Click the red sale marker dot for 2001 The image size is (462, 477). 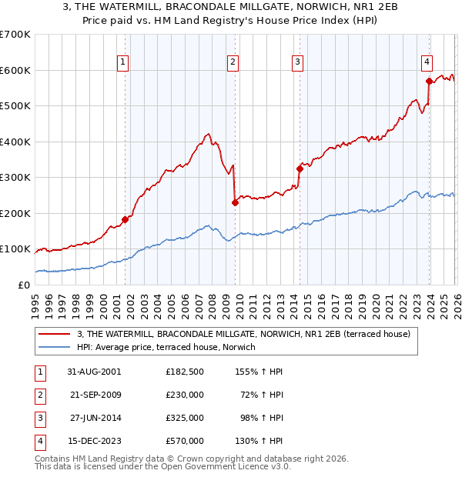click(125, 219)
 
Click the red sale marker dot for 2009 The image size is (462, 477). click(235, 202)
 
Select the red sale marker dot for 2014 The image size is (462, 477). click(300, 168)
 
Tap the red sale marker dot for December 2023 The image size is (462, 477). click(429, 81)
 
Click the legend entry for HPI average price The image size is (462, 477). click(166, 347)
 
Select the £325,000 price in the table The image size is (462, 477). click(185, 417)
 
